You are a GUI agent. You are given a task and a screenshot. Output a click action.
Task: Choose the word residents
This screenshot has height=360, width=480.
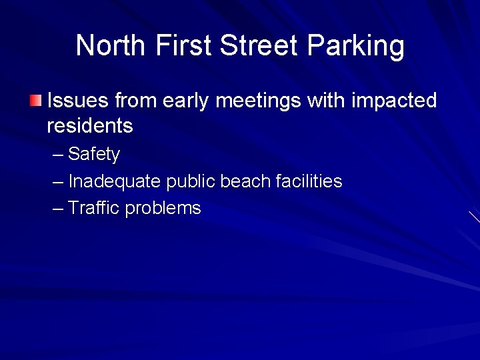click(90, 125)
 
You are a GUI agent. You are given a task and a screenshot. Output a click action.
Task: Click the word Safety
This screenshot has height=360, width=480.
click(94, 155)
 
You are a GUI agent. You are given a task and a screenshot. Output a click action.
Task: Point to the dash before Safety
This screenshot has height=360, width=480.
click(59, 155)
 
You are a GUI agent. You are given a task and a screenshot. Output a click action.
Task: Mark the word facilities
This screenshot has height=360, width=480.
click(309, 181)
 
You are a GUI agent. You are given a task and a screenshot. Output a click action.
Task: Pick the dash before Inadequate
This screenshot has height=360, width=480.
click(59, 182)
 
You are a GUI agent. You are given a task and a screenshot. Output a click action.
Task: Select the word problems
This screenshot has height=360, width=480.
click(163, 209)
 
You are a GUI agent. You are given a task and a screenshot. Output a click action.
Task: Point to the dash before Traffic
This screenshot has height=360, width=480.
click(59, 209)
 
